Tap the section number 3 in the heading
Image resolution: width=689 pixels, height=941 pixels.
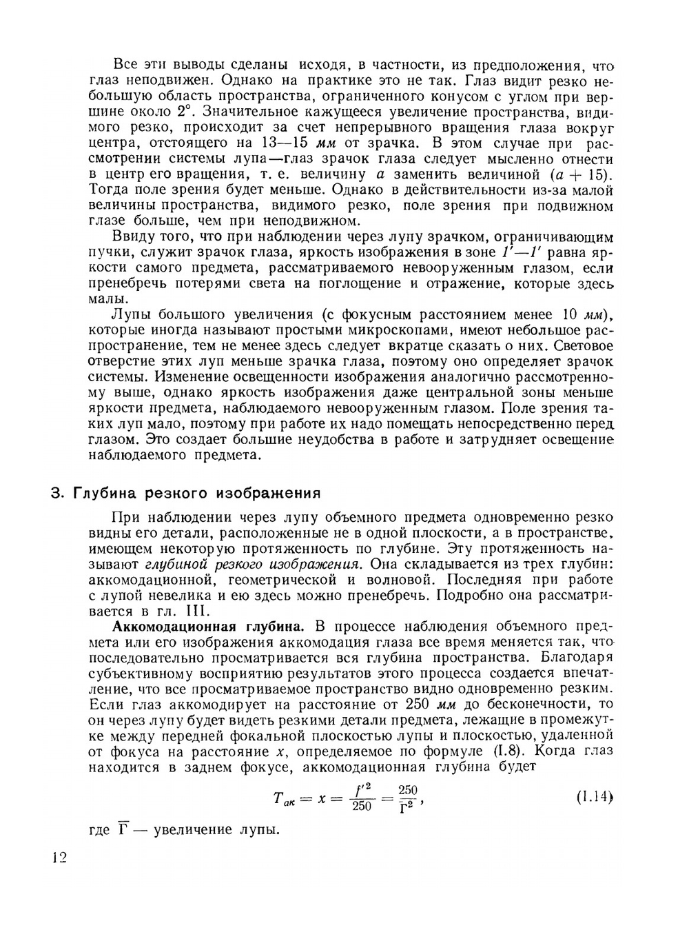pyautogui.click(x=57, y=494)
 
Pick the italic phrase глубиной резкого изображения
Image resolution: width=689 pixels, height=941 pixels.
pyautogui.click(x=252, y=563)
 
